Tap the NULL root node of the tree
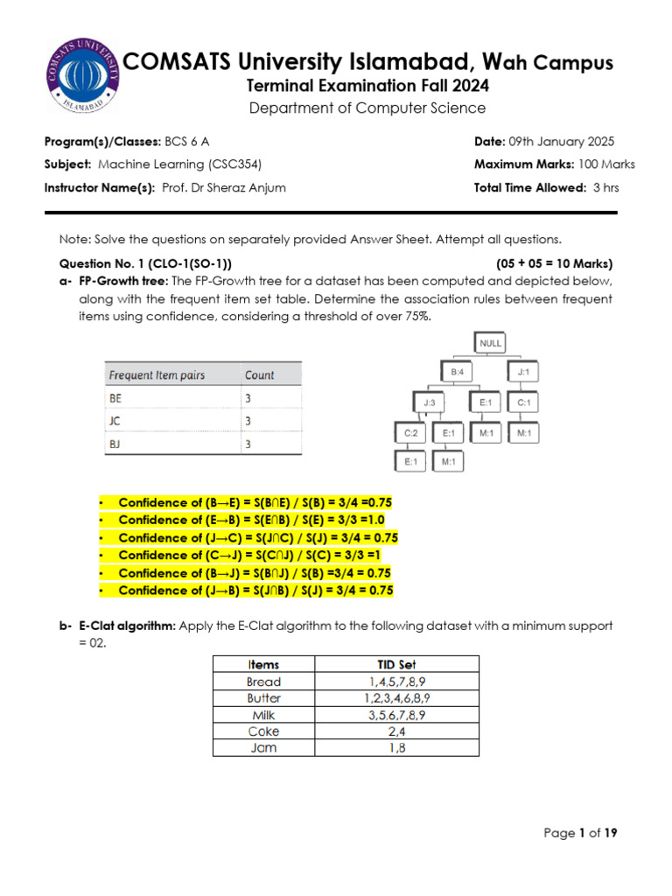[491, 344]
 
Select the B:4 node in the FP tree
[458, 373]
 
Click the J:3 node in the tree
[429, 403]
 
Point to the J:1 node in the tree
[523, 373]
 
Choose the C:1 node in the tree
[523, 403]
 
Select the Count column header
[260, 374]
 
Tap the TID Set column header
[396, 664]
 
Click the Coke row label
[263, 731]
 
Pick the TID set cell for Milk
[396, 715]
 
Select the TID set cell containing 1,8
[396, 748]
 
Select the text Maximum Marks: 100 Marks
[554, 164]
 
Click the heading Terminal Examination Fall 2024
[367, 86]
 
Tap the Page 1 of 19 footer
[580, 833]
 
